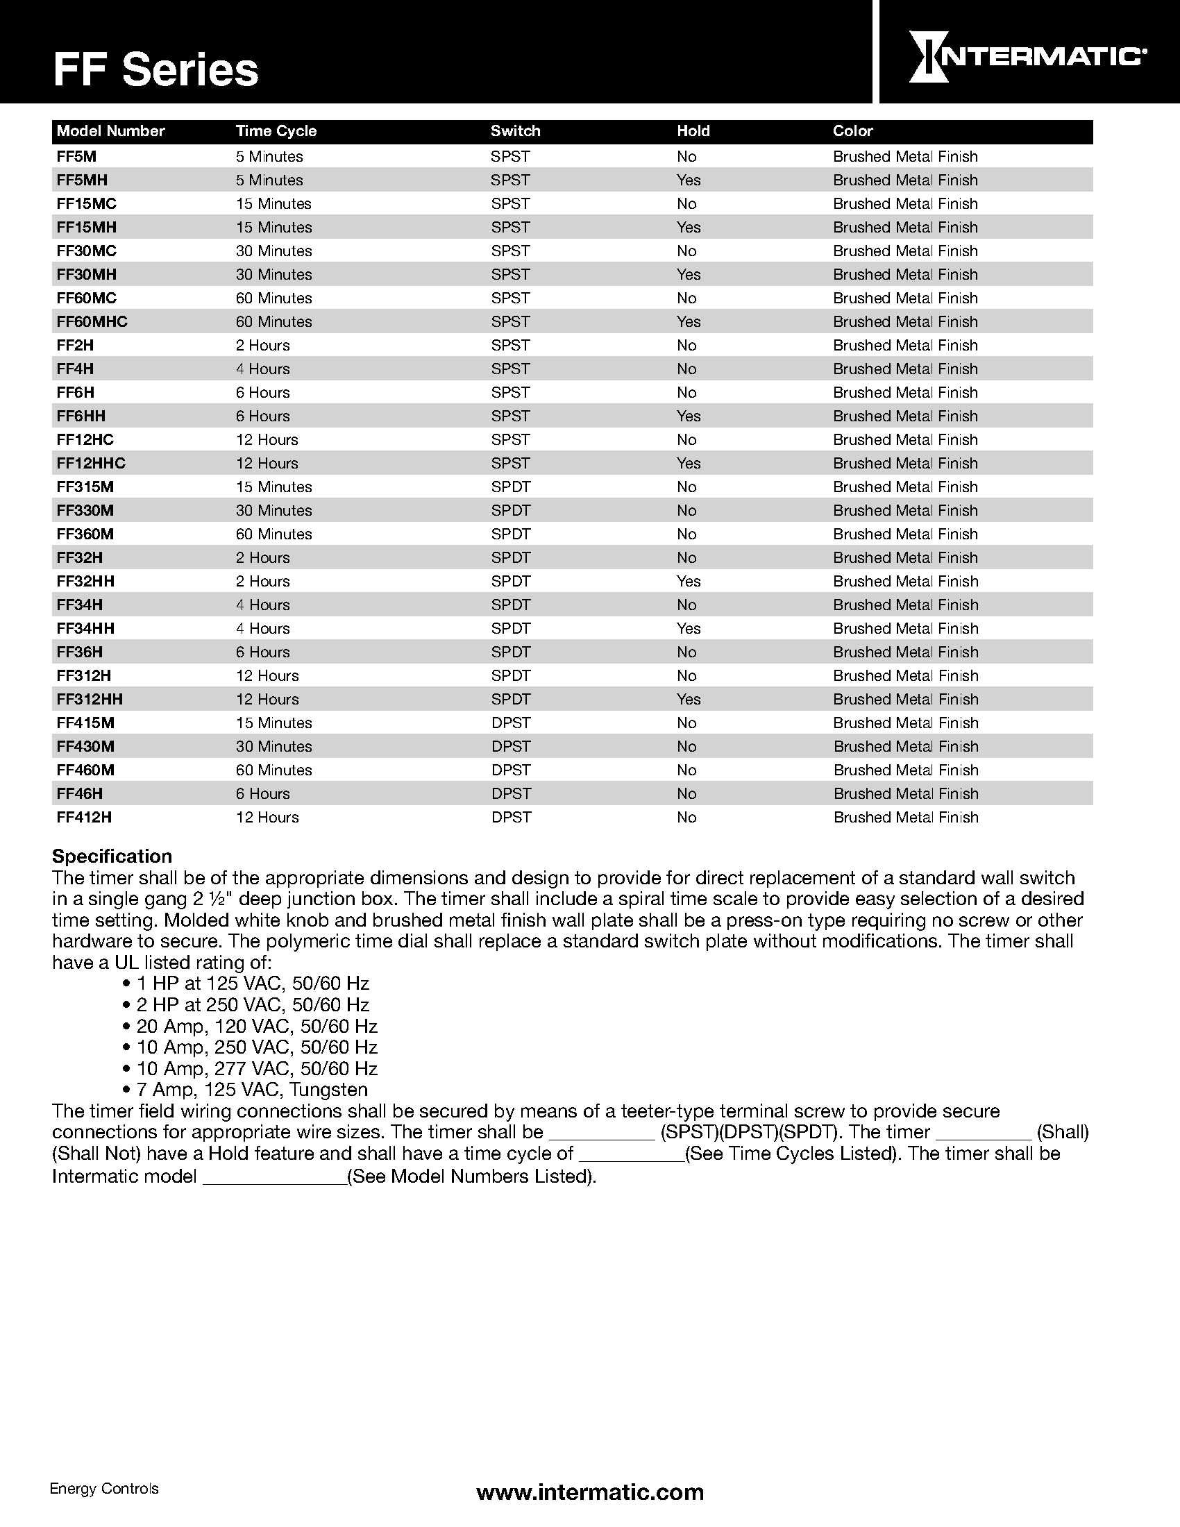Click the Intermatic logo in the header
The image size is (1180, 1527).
click(x=1026, y=56)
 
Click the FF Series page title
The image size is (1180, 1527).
click(x=155, y=70)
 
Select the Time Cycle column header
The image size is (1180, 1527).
click(x=276, y=130)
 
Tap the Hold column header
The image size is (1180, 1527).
click(x=693, y=130)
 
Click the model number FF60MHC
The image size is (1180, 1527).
click(x=92, y=321)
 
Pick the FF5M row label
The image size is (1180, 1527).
click(x=76, y=157)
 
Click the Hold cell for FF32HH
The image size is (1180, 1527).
click(x=688, y=581)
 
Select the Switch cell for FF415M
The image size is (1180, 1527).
click(x=510, y=723)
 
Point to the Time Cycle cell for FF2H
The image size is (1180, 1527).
click(x=262, y=346)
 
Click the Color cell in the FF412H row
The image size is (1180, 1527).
click(x=905, y=818)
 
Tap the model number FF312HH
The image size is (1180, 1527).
click(x=90, y=699)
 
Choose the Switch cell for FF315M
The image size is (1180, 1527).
click(x=510, y=487)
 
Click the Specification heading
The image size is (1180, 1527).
click(x=112, y=857)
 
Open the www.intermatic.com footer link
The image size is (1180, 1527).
click(x=589, y=1493)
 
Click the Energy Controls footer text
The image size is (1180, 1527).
click(x=104, y=1489)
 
